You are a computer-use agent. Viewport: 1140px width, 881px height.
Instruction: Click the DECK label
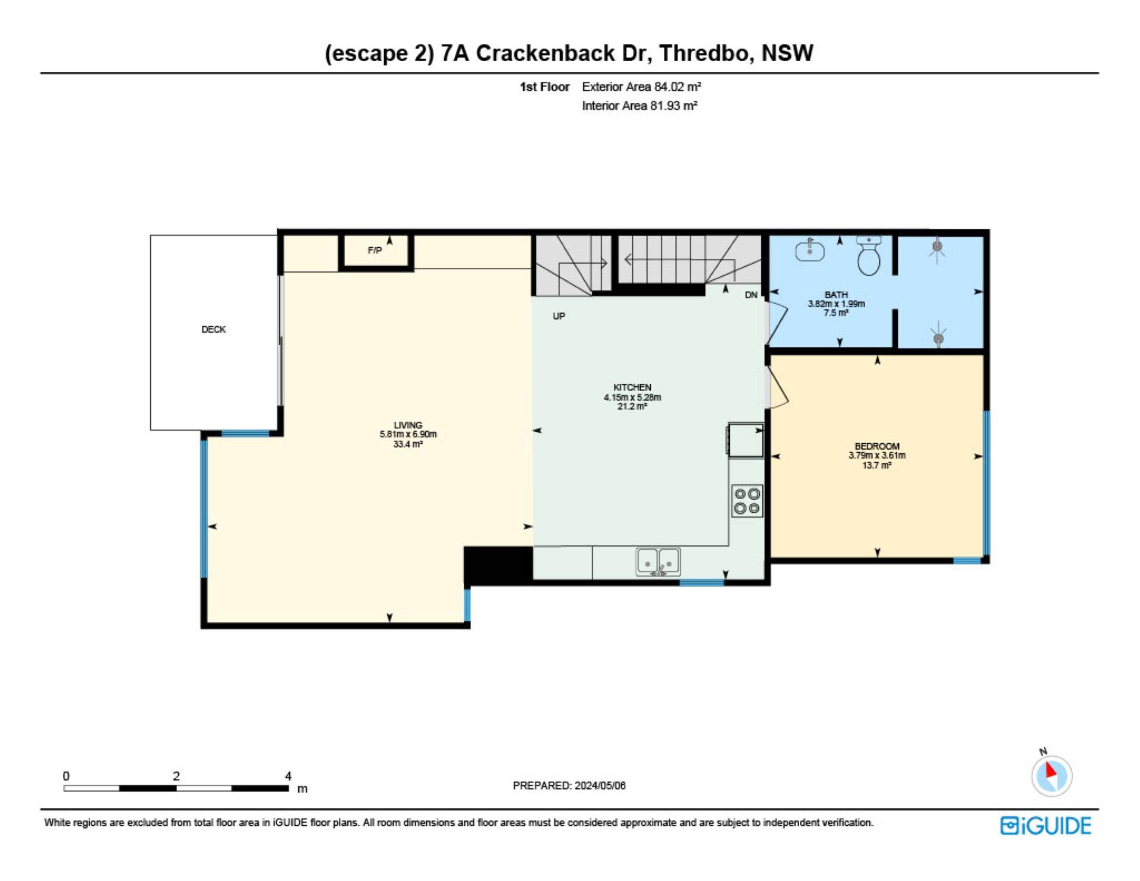(214, 329)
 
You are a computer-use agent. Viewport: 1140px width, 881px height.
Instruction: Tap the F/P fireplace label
(375, 251)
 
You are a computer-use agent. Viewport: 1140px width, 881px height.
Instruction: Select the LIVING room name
(408, 425)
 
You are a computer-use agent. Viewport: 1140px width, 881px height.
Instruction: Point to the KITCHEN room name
(632, 387)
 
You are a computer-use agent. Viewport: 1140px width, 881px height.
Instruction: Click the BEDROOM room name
(877, 446)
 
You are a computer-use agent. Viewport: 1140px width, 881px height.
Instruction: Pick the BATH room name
(836, 295)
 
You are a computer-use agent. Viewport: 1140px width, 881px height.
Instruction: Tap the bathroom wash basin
(810, 250)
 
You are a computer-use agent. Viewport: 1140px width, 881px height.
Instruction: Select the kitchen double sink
(658, 562)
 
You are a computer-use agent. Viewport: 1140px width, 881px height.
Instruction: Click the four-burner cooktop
(747, 501)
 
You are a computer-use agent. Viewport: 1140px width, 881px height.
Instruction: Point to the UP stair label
(559, 316)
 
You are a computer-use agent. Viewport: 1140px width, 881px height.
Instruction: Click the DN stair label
(751, 295)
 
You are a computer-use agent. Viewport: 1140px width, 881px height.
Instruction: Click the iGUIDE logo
(1046, 826)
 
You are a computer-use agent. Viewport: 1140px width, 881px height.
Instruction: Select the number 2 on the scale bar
(176, 776)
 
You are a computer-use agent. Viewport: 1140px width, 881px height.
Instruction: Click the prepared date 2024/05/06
(600, 785)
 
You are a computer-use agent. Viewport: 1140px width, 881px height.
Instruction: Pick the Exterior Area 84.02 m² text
(641, 87)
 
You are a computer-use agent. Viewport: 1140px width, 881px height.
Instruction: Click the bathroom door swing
(777, 323)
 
